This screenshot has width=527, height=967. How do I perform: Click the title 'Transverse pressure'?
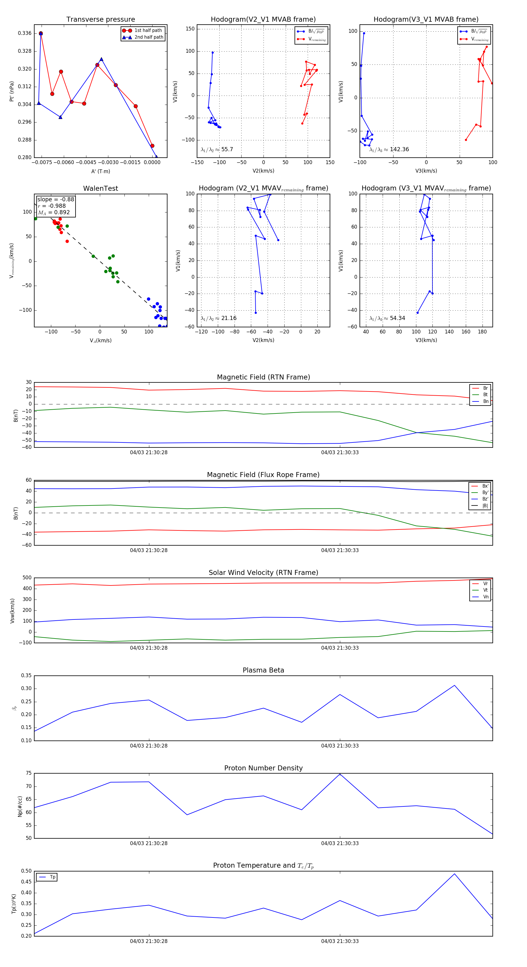[100, 20]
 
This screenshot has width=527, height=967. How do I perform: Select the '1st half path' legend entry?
[148, 30]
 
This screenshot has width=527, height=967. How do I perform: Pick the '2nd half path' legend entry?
[148, 37]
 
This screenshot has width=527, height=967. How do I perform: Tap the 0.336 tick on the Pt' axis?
[25, 33]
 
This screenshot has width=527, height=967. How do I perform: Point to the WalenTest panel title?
[100, 188]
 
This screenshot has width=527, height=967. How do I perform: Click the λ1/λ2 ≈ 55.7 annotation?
[217, 149]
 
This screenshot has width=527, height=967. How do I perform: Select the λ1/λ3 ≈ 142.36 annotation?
[389, 149]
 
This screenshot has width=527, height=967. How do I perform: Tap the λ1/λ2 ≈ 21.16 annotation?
[218, 318]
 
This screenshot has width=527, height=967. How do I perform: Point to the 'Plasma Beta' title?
[263, 670]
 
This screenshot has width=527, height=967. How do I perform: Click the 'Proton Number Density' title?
[263, 768]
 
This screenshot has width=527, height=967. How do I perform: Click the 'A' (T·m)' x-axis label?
[100, 171]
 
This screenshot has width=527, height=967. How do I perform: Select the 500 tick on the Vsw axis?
[27, 578]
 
